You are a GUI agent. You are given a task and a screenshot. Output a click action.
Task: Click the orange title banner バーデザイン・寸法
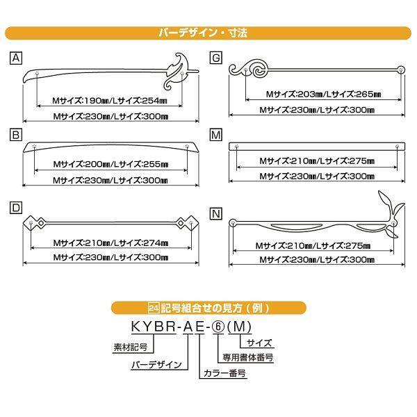tap(208, 32)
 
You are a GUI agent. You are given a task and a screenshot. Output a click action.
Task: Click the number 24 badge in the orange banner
tap(155, 306)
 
